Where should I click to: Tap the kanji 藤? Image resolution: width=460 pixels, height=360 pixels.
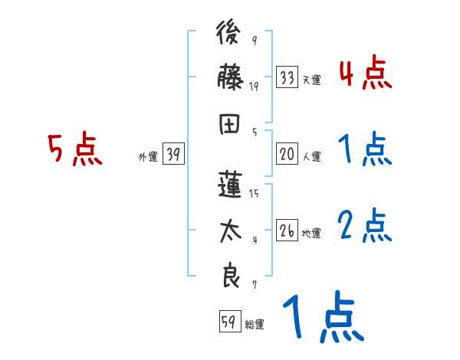[230, 78]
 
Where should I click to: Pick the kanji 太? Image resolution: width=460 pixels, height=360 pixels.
[230, 231]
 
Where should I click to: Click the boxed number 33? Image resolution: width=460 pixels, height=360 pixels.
[287, 77]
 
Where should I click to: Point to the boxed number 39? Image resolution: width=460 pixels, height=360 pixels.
[173, 155]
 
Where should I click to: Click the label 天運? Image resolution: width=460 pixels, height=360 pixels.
[311, 80]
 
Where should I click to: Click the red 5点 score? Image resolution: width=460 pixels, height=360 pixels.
[74, 150]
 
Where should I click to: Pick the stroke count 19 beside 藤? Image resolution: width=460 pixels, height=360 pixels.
[254, 87]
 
